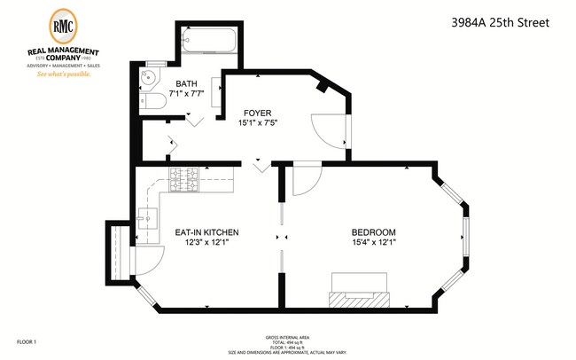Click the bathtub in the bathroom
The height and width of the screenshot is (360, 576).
pyautogui.click(x=209, y=41)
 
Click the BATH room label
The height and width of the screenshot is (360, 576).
pyautogui.click(x=187, y=85)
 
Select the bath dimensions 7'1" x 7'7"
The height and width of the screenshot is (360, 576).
pyautogui.click(x=187, y=96)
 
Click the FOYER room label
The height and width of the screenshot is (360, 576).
pyautogui.click(x=258, y=113)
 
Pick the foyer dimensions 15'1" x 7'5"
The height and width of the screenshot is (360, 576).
pyautogui.click(x=258, y=124)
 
